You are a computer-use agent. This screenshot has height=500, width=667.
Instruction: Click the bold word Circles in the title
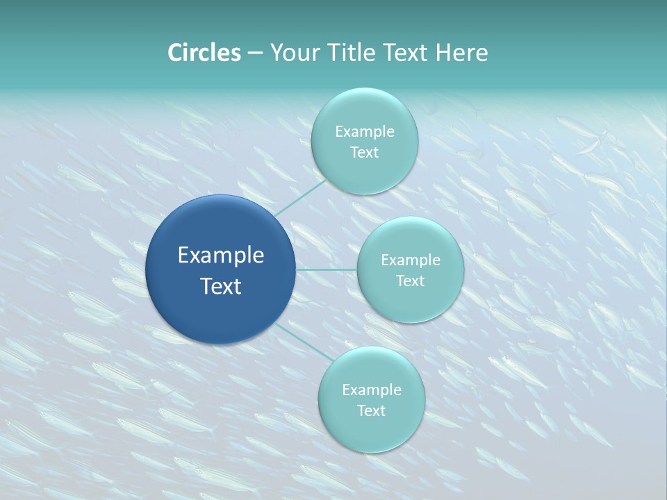click(204, 53)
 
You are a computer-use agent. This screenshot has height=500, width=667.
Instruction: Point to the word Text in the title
click(407, 53)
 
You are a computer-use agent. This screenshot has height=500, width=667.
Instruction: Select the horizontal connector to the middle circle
click(326, 269)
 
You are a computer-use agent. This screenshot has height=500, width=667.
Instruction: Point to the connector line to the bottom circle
click(303, 342)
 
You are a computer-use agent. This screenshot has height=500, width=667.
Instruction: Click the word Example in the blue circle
click(221, 256)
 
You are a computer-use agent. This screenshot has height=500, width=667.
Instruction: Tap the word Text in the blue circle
click(221, 286)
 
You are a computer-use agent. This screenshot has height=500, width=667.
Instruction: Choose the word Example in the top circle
click(364, 132)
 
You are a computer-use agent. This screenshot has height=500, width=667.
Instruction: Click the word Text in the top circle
click(364, 153)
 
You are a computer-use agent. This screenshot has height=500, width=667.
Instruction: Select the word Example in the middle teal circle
click(410, 260)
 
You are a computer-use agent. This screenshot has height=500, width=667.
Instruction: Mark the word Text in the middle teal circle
click(410, 281)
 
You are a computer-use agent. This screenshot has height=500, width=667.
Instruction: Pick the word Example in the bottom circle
click(371, 390)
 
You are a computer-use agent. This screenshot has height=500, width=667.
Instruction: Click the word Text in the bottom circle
click(371, 411)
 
